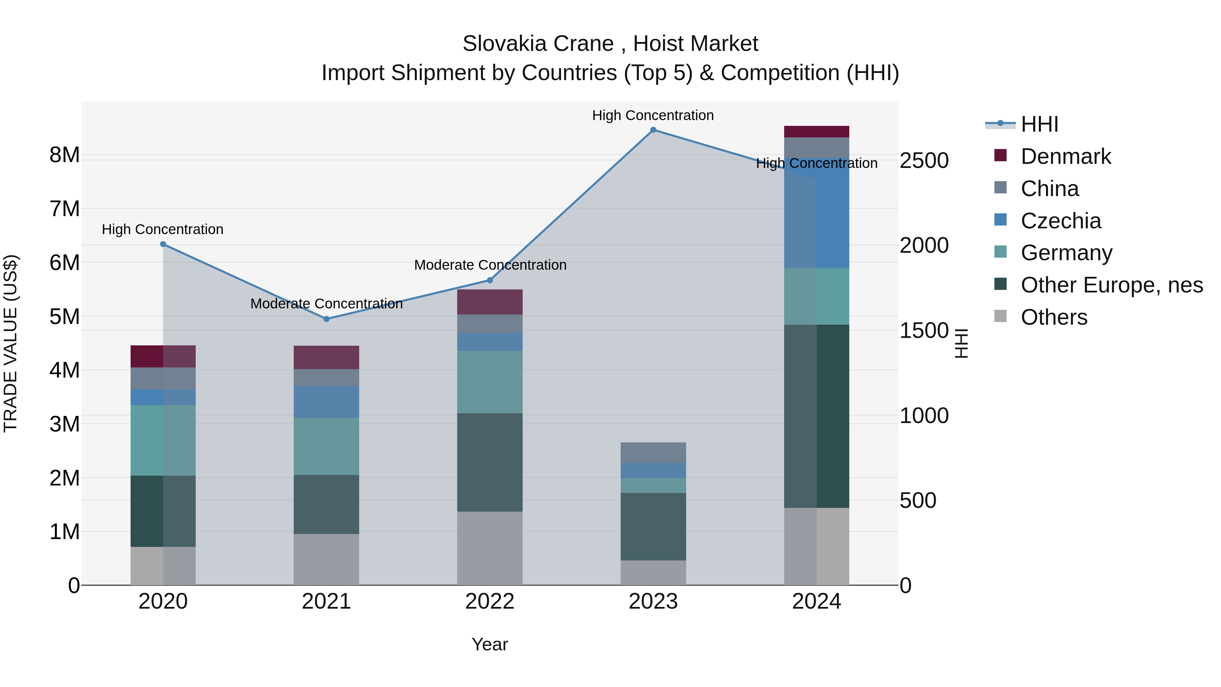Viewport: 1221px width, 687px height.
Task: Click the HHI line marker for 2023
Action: click(653, 130)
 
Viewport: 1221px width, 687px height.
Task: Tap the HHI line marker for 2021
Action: click(326, 319)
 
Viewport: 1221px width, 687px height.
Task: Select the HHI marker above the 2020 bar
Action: click(163, 244)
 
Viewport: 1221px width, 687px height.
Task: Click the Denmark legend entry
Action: click(1066, 156)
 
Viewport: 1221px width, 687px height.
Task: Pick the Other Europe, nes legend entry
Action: click(1111, 285)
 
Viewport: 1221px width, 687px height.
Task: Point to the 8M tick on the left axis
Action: click(64, 155)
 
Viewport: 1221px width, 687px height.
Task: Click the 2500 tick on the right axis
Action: click(924, 161)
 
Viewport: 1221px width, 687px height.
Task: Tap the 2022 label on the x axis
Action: click(490, 602)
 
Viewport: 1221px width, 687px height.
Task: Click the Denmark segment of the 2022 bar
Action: click(490, 302)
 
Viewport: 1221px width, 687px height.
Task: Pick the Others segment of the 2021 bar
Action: click(326, 559)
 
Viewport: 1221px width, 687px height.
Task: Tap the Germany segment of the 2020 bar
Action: click(163, 440)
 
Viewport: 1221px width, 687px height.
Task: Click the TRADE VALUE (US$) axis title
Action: click(11, 343)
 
